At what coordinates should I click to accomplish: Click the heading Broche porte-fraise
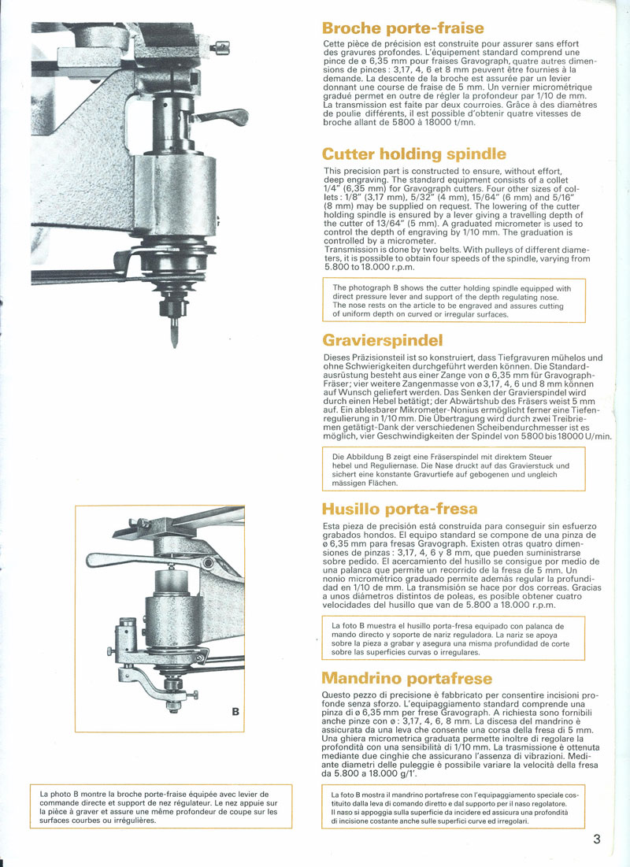403,28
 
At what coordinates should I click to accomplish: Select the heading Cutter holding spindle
414,154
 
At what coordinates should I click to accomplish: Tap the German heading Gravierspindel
383,340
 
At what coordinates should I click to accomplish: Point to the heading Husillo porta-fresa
400,508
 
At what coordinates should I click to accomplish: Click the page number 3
598,839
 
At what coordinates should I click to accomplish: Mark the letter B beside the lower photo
235,712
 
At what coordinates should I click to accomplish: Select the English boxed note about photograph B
454,301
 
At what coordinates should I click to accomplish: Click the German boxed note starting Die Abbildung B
454,469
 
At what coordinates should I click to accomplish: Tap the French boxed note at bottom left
161,806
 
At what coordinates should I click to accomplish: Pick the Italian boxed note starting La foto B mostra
454,808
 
